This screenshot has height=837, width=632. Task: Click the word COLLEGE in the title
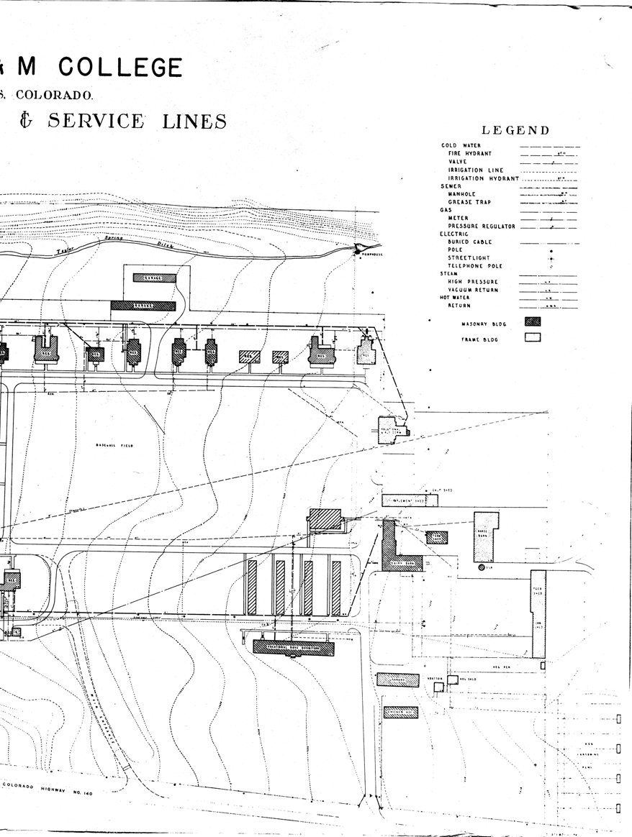tap(120, 67)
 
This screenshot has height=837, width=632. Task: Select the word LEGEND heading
tap(515, 130)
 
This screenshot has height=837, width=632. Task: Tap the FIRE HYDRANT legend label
tap(469, 154)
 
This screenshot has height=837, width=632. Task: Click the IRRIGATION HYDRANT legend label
tap(483, 178)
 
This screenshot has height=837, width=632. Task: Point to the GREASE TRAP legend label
tap(469, 202)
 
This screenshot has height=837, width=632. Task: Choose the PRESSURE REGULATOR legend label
tap(482, 227)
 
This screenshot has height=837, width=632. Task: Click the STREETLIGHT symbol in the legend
tap(551, 258)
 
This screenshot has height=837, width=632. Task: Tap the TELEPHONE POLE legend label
tap(475, 266)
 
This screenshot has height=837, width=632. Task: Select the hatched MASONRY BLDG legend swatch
tap(533, 321)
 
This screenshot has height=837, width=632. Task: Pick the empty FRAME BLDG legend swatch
tap(533, 337)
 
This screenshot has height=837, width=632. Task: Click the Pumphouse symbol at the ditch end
tap(358, 248)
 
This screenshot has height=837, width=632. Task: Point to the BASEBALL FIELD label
tap(115, 446)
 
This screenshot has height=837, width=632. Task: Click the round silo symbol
tap(482, 567)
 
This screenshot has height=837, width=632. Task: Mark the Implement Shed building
tap(409, 500)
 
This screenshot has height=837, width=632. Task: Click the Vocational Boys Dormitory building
tap(294, 647)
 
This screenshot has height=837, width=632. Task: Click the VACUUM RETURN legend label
tap(473, 290)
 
